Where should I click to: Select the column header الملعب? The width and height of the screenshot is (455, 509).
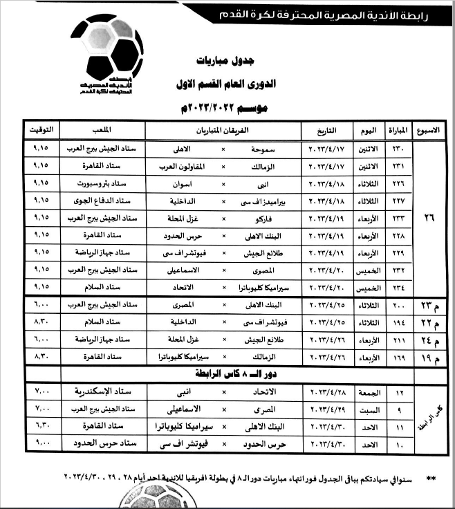103,130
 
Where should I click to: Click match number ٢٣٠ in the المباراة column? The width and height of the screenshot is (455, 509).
395,149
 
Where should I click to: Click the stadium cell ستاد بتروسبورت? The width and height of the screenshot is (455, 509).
102,183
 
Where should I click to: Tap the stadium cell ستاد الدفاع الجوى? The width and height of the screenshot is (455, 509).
102,200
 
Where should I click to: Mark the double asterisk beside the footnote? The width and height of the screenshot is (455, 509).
432,477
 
